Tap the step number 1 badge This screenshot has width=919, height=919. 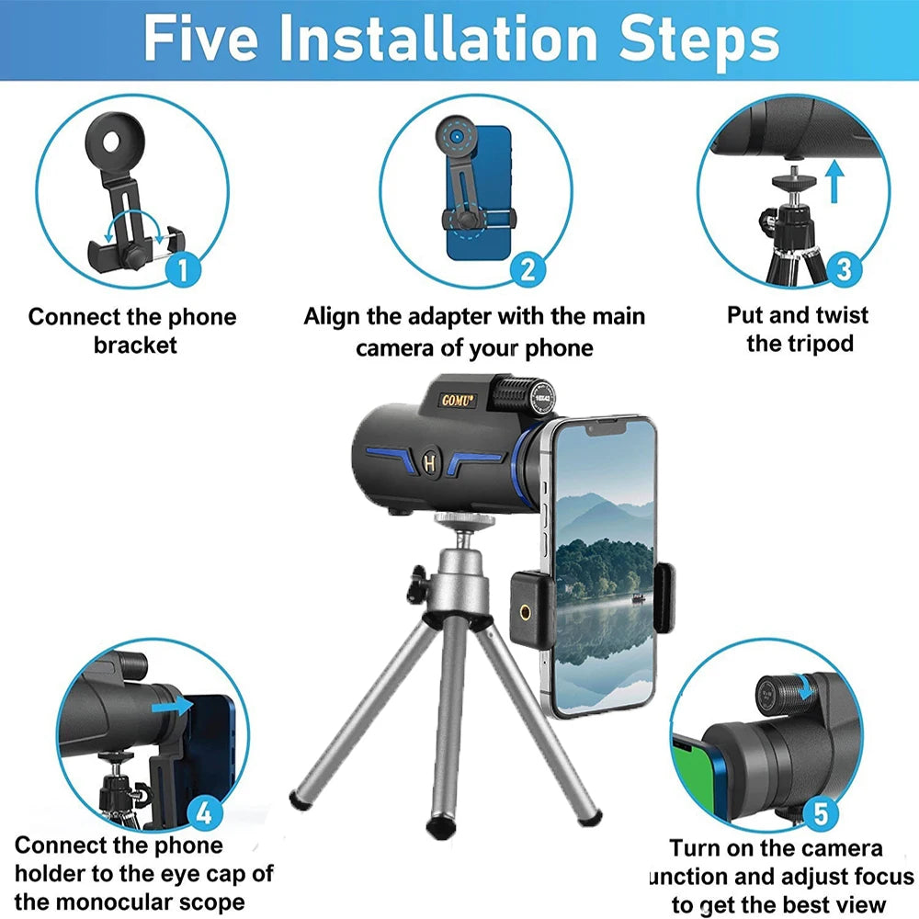pyautogui.click(x=184, y=270)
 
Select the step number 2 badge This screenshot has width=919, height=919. pyautogui.click(x=528, y=270)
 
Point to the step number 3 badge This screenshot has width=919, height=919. pyautogui.click(x=844, y=269)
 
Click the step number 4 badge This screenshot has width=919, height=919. pyautogui.click(x=204, y=814)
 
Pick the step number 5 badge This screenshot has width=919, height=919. pyautogui.click(x=821, y=813)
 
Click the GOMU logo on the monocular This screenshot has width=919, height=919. pyautogui.click(x=457, y=401)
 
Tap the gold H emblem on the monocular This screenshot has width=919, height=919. pyautogui.click(x=429, y=463)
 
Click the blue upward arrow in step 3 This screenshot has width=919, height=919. pyautogui.click(x=834, y=182)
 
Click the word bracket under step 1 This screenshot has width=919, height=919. pyautogui.click(x=135, y=345)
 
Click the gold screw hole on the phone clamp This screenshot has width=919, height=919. pyautogui.click(x=525, y=612)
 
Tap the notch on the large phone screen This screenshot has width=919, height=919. pyautogui.click(x=606, y=428)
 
